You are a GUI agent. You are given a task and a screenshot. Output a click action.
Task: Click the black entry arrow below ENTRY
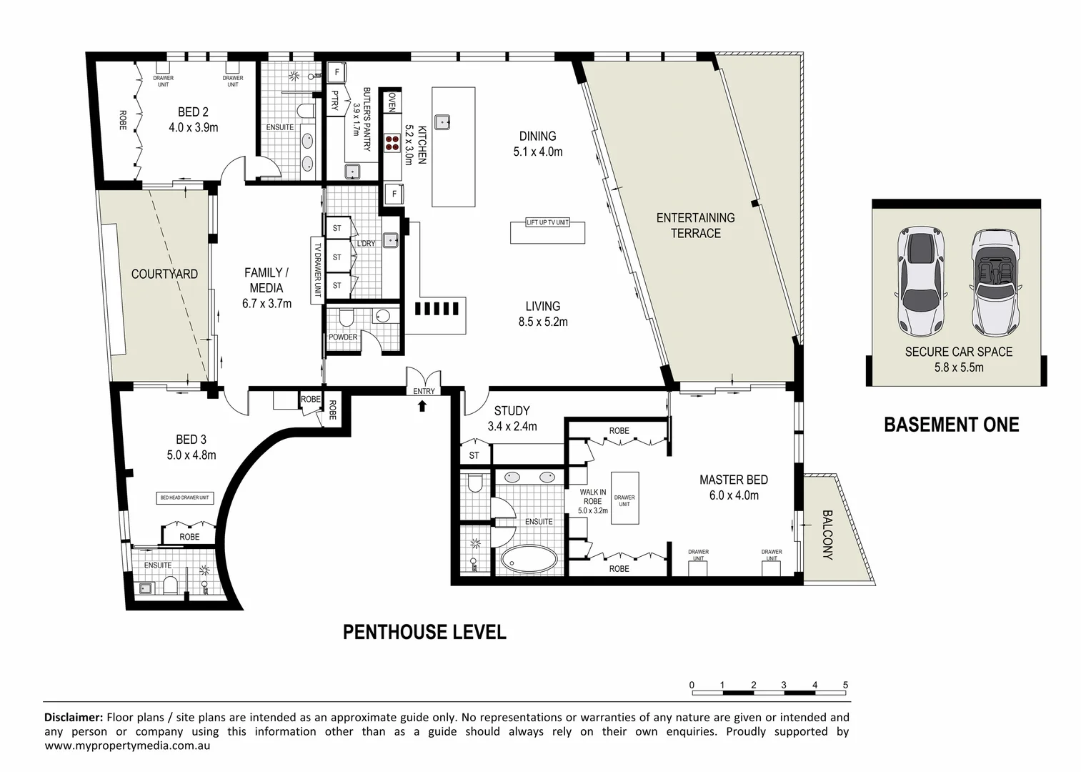point(422,406)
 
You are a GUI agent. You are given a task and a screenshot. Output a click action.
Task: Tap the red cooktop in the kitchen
point(392,143)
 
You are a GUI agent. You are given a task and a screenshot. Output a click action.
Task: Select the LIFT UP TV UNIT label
point(548,222)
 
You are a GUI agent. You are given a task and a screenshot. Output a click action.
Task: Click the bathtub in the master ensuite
point(529,559)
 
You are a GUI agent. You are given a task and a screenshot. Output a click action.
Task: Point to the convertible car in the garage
point(996,282)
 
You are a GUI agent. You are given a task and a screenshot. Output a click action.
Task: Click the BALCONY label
point(827,535)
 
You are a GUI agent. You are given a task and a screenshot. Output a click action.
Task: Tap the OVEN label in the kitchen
point(392,102)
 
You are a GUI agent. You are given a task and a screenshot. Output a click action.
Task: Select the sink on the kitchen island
point(442,122)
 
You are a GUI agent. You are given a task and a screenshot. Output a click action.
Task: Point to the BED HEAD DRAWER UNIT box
point(185,498)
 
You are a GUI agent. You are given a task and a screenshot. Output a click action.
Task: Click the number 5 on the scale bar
point(845,685)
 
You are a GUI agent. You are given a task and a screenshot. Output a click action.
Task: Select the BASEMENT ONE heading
point(952,425)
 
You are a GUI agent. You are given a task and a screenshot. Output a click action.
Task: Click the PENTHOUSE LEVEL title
point(424,632)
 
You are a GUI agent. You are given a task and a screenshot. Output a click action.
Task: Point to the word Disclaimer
point(74,717)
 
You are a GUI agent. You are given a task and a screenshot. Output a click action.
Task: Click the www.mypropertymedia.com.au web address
point(127,746)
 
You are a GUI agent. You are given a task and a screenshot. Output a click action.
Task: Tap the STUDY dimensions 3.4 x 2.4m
point(512,426)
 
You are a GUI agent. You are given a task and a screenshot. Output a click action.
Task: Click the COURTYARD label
point(164,274)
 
